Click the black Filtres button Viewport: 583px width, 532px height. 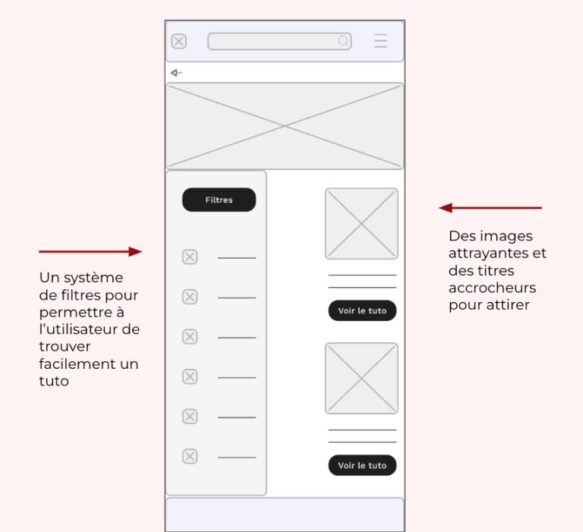tap(219, 200)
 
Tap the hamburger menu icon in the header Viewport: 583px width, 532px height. tap(380, 41)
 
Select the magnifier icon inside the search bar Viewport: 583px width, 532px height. tap(344, 41)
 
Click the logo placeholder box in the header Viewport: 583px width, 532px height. tap(179, 41)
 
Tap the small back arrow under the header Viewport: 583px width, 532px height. tap(176, 73)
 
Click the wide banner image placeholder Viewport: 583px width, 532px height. tap(285, 126)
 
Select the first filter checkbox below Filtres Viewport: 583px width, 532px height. tap(190, 257)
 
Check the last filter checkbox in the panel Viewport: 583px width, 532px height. tap(190, 456)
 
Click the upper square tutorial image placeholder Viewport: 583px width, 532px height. tap(361, 224)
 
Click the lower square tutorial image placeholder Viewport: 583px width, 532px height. tap(361, 378)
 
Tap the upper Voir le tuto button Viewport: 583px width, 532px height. tap(362, 310)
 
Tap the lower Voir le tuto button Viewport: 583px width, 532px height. tap(362, 465)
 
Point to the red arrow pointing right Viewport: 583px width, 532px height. tap(90, 251)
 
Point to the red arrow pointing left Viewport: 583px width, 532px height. tap(490, 208)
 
